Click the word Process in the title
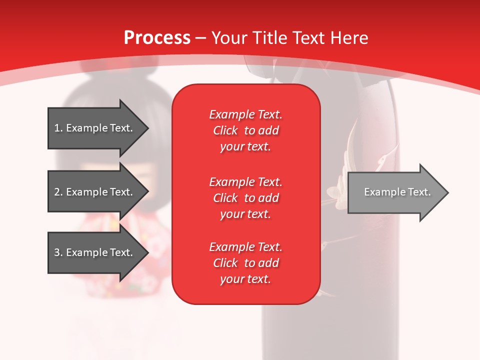157,38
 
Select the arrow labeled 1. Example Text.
95,128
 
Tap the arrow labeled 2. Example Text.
95,192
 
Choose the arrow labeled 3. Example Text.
95,252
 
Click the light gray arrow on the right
395,192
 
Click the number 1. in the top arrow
58,128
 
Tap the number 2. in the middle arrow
58,192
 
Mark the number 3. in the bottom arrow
58,252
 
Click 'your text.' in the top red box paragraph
245,147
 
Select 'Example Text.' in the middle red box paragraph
245,181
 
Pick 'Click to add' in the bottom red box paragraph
245,263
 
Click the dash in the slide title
201,38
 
